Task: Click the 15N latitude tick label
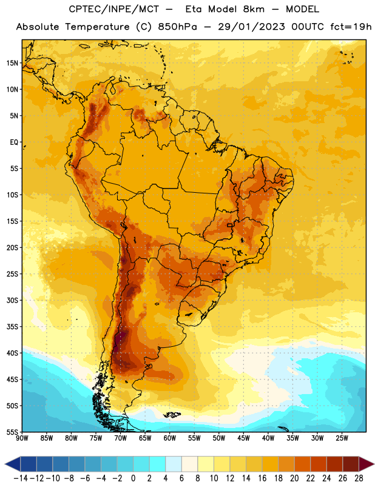point(12,63)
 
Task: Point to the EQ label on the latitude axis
point(14,142)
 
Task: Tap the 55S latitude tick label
point(13,432)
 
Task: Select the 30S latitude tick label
point(13,300)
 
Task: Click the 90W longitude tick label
point(22,438)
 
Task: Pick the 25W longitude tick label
point(342,438)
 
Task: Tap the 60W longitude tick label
point(170,438)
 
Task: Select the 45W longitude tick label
point(243,438)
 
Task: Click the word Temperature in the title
point(97,27)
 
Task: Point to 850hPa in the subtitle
point(177,27)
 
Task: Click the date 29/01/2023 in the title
point(251,27)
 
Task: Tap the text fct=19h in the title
point(351,27)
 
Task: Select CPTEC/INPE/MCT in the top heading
point(113,9)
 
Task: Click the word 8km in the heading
point(254,9)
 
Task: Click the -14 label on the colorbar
point(21,478)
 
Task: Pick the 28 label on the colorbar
point(359,478)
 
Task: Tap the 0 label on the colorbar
point(133,478)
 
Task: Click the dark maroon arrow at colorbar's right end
point(367,464)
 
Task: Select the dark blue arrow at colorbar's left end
point(13,464)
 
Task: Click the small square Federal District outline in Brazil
point(230,225)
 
